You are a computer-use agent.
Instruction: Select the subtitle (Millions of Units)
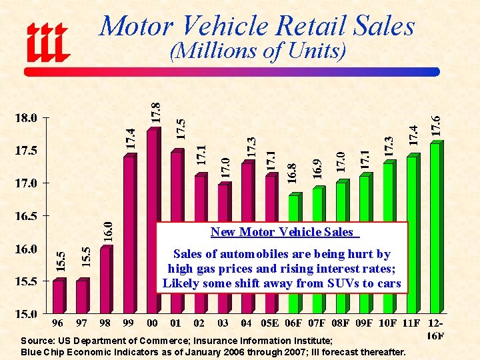(x=257, y=51)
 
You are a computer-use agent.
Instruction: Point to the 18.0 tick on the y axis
(x=25, y=118)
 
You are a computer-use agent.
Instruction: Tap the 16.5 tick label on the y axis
(x=25, y=216)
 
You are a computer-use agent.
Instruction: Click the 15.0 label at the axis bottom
(x=25, y=313)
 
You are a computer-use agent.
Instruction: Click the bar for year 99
(x=129, y=233)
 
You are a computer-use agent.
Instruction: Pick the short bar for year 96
(x=58, y=297)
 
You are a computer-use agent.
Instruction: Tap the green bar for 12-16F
(x=435, y=227)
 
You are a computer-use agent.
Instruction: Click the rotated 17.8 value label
(x=155, y=111)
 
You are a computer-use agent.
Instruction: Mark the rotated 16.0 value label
(x=107, y=231)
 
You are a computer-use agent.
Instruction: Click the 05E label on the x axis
(x=269, y=323)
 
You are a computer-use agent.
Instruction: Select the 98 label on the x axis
(x=105, y=323)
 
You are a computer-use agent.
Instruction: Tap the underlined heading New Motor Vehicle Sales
(x=281, y=232)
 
